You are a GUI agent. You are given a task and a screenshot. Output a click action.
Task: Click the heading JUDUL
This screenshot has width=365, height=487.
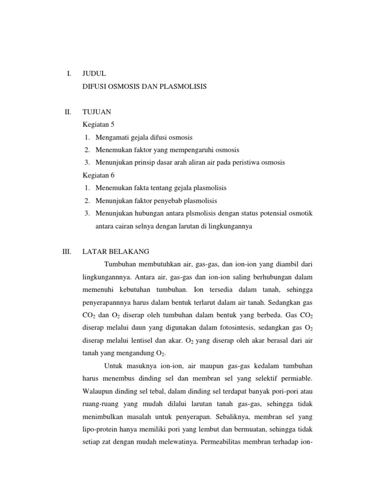point(94,74)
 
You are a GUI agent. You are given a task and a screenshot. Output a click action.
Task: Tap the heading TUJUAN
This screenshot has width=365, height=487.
point(97,112)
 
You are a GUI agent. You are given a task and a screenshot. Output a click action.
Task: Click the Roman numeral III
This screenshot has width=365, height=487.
point(67,251)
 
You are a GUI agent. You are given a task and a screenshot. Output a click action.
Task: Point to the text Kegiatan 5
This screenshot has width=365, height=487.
point(99,125)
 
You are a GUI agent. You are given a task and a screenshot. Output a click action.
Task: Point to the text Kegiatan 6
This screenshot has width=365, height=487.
point(99,175)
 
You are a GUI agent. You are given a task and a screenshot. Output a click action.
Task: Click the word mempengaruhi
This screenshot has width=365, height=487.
point(187,150)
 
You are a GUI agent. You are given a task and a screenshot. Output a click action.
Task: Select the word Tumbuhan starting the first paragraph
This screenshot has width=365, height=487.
point(119,264)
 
